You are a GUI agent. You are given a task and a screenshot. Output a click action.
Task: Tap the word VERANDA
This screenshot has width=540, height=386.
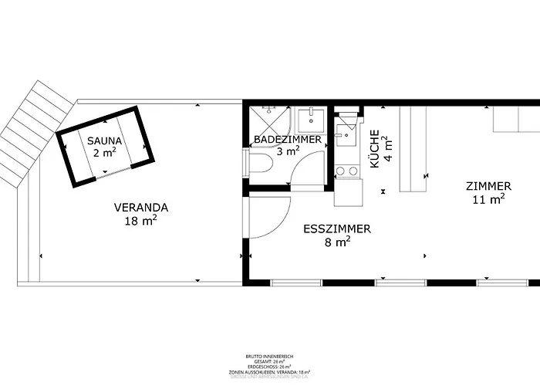141,207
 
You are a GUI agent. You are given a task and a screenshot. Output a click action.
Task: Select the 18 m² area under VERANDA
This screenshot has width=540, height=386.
141,221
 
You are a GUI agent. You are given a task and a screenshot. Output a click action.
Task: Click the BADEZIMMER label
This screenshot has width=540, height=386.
288,140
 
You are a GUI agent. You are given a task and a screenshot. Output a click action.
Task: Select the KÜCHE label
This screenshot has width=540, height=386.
375,149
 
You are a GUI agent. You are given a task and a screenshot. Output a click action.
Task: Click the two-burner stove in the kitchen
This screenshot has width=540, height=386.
347,171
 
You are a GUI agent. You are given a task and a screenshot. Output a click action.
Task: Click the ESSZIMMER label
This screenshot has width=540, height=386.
337,229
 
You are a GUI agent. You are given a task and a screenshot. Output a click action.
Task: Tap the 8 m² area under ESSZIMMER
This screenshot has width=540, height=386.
338,242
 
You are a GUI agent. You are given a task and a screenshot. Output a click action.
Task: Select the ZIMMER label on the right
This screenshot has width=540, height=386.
488,186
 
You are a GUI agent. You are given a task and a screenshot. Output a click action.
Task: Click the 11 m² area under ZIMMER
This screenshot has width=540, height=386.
488,199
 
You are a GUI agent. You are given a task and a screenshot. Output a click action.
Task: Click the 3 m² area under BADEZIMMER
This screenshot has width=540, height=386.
288,152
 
